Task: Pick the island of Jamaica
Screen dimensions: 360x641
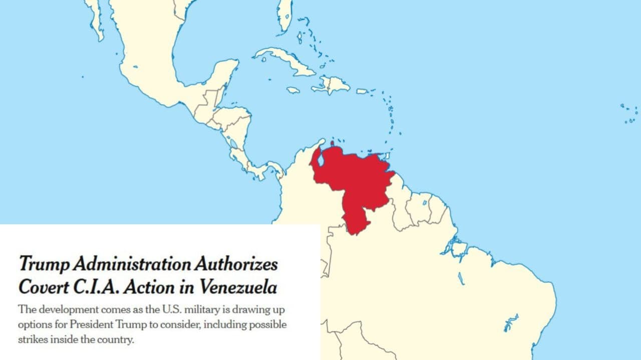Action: (293, 90)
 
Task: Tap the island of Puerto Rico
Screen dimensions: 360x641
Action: (362, 91)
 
